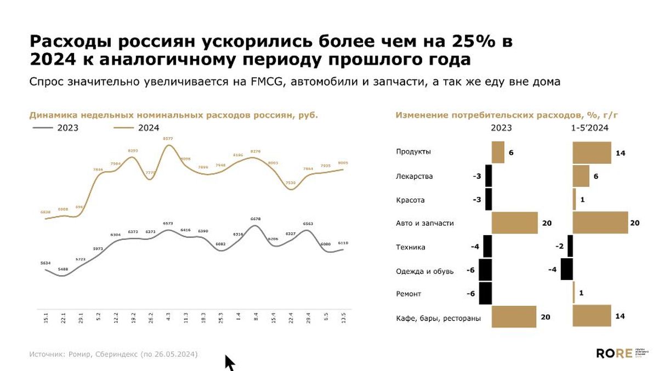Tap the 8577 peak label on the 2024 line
tap(168, 139)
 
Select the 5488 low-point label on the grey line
tap(64, 269)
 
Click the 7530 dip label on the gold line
tap(290, 182)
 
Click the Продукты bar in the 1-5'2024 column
tap(592, 152)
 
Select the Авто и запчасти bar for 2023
tap(514, 223)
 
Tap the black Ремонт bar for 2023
tap(485, 293)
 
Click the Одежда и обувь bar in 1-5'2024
tap(567, 270)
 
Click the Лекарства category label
tap(414, 176)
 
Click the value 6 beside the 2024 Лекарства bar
tap(596, 176)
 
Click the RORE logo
tap(614, 353)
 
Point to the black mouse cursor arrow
tap(229, 362)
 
